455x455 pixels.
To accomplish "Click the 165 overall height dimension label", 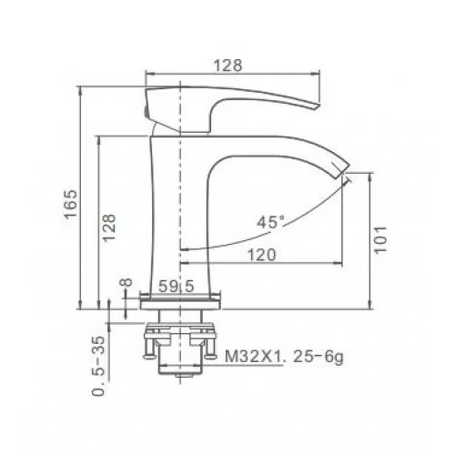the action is (71, 204).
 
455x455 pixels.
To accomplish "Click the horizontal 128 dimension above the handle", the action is (228, 66).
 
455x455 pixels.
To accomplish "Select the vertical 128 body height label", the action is (109, 227).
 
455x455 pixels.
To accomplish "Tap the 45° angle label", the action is (271, 222).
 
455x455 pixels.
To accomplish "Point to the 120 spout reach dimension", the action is (262, 255).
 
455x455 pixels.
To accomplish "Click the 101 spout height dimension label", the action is (380, 239).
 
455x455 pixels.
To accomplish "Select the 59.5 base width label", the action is (177, 286).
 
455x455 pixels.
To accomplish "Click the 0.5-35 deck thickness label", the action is (98, 366).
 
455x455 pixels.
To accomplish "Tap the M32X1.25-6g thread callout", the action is (284, 357).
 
